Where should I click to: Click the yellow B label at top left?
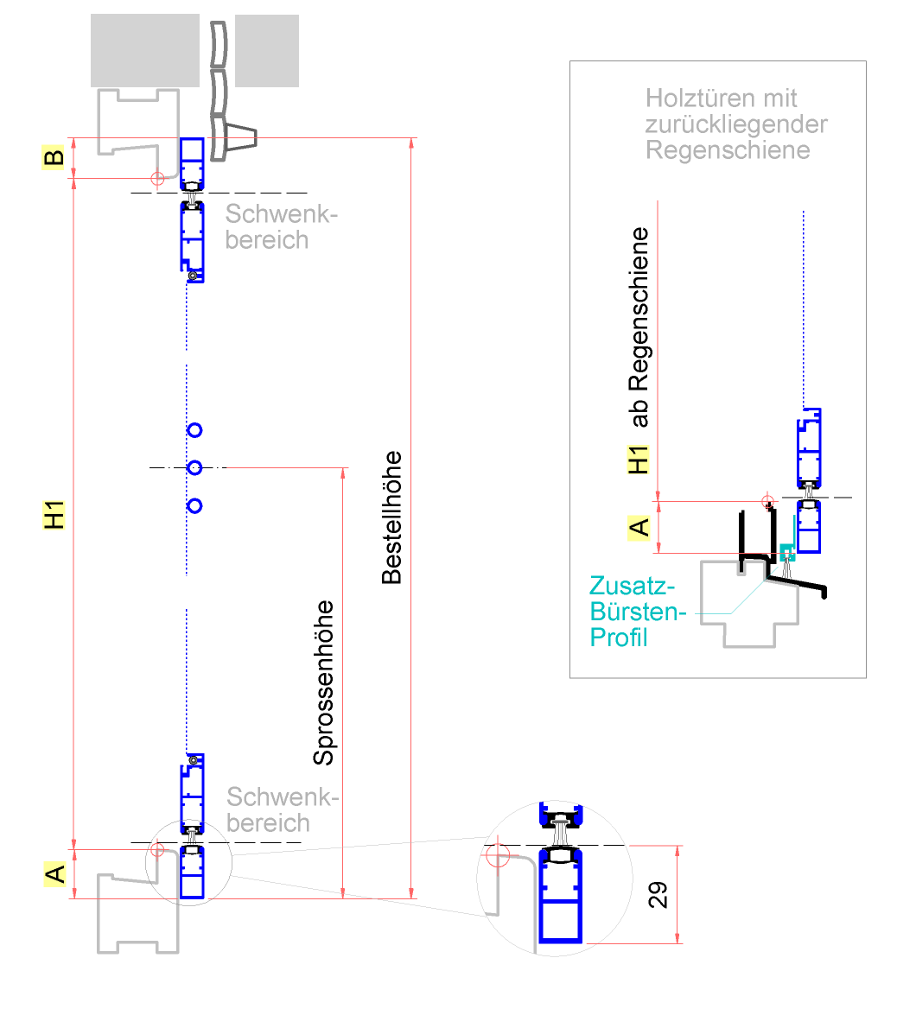pyautogui.click(x=54, y=158)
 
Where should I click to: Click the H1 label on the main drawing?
pyautogui.click(x=54, y=515)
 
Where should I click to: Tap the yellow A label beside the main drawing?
pyautogui.click(x=54, y=874)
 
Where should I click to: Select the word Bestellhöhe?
pyautogui.click(x=392, y=517)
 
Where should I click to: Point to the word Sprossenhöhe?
pyautogui.click(x=323, y=682)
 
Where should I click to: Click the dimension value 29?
pyautogui.click(x=658, y=895)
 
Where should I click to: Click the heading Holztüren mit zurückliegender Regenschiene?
pyautogui.click(x=735, y=124)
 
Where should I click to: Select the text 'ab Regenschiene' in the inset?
pyautogui.click(x=639, y=327)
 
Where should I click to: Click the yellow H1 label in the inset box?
pyautogui.click(x=639, y=460)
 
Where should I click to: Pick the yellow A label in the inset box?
pyautogui.click(x=639, y=527)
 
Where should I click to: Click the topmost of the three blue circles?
pyautogui.click(x=194, y=429)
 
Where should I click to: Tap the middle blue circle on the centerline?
pyautogui.click(x=194, y=467)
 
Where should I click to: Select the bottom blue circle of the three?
pyautogui.click(x=194, y=505)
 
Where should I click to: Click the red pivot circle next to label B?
pyautogui.click(x=157, y=179)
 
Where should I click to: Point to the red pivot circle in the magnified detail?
pyautogui.click(x=495, y=855)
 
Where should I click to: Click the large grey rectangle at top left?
pyautogui.click(x=145, y=50)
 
